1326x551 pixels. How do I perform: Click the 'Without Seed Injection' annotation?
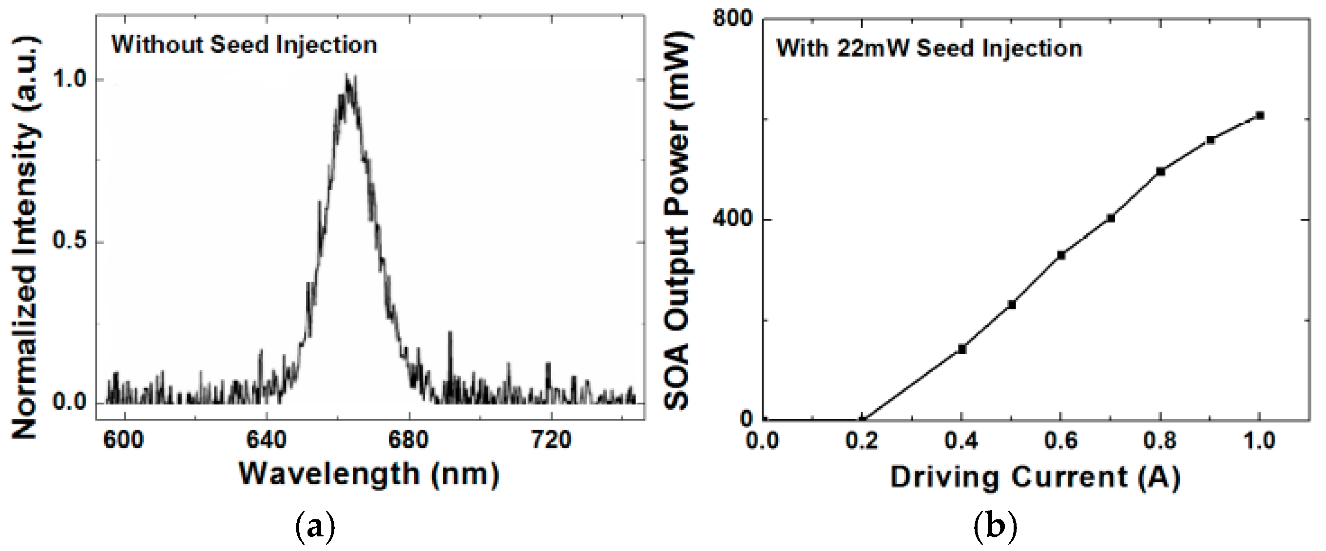click(x=245, y=45)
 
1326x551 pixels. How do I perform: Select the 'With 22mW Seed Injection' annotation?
click(x=929, y=48)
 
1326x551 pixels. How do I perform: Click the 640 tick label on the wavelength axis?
click(x=266, y=440)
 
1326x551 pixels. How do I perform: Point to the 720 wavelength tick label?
click(x=551, y=440)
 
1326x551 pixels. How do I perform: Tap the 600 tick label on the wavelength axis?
click(x=124, y=440)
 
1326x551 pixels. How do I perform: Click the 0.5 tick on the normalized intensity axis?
click(x=71, y=242)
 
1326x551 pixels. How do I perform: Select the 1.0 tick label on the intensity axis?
click(x=71, y=80)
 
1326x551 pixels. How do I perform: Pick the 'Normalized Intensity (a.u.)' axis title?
click(x=25, y=238)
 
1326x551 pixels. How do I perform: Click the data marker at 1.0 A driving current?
click(x=1260, y=115)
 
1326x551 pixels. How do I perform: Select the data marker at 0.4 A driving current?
click(x=961, y=349)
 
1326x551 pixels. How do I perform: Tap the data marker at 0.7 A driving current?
click(x=1111, y=218)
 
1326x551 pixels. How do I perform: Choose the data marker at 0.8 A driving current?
click(x=1161, y=171)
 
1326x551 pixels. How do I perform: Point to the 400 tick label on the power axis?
click(x=732, y=219)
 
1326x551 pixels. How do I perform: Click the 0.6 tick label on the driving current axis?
click(x=1060, y=441)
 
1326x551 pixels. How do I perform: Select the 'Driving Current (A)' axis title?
click(x=1035, y=477)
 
